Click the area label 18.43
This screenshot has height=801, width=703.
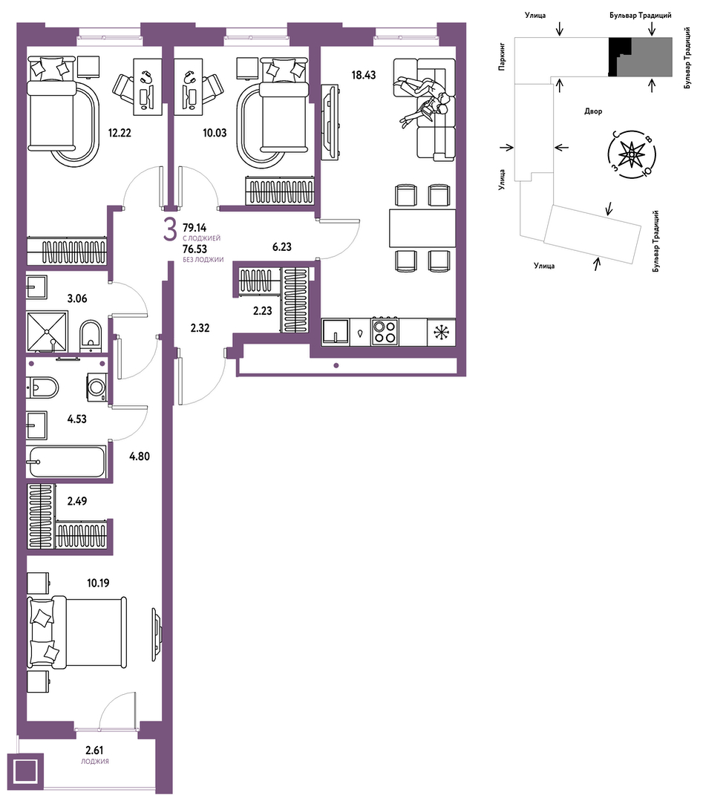[x=363, y=75]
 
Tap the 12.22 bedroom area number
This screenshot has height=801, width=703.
[x=120, y=133]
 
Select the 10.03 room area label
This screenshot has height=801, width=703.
[x=215, y=133]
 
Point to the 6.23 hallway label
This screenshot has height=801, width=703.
[x=281, y=246]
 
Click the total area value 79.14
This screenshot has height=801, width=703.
[x=194, y=228]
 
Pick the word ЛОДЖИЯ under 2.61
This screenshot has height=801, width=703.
[x=94, y=761]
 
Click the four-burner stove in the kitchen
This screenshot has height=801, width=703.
[x=385, y=332]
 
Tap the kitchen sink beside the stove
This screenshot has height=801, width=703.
[x=336, y=332]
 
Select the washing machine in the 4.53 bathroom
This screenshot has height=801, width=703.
[x=96, y=387]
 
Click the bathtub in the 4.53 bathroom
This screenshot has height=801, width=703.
[x=67, y=462]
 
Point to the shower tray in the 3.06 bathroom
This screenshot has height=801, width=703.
[x=48, y=332]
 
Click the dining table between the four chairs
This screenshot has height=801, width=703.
[x=422, y=228]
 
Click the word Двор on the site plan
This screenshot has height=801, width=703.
[x=593, y=111]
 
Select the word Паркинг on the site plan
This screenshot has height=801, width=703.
[x=503, y=56]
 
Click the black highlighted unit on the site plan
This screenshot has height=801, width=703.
[x=618, y=56]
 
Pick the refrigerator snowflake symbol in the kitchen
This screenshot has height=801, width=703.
[x=440, y=332]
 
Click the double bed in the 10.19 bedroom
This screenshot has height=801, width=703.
[x=76, y=632]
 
